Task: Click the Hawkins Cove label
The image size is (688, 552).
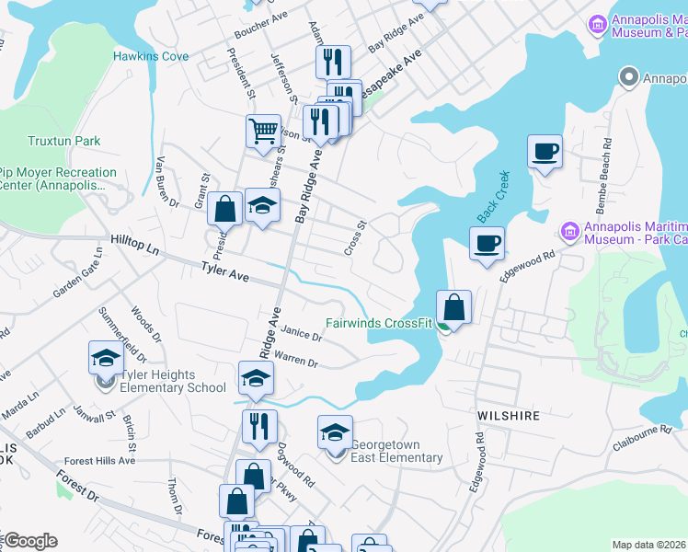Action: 151,56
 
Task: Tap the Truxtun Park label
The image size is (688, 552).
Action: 63,141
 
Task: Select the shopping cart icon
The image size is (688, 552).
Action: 263,131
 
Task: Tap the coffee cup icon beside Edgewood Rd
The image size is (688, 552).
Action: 487,243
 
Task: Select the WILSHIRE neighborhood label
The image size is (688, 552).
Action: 508,416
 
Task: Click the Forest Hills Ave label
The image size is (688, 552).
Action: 100,461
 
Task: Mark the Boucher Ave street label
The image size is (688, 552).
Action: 262,30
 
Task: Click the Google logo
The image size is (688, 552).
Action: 30,541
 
